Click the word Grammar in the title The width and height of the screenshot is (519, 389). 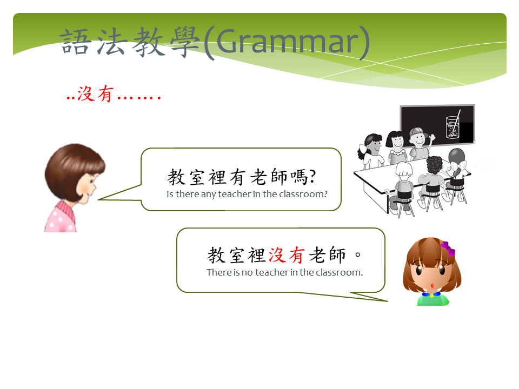(x=287, y=42)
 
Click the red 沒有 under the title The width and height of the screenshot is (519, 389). (x=96, y=93)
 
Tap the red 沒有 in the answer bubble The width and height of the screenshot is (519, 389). (x=287, y=255)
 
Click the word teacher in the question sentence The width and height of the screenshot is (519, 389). (x=234, y=194)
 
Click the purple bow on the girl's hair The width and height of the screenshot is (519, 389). (x=448, y=249)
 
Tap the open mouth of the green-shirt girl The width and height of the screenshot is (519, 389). (x=432, y=285)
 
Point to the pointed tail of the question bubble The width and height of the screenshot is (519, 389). (x=99, y=199)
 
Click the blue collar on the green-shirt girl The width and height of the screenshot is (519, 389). (x=431, y=294)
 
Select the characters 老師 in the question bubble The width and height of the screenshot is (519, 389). (x=269, y=177)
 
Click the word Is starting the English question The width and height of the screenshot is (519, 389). (x=170, y=194)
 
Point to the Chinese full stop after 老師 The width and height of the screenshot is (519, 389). (x=357, y=254)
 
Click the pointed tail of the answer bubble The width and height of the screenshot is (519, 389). (x=387, y=301)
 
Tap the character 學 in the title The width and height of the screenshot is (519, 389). (x=185, y=42)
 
